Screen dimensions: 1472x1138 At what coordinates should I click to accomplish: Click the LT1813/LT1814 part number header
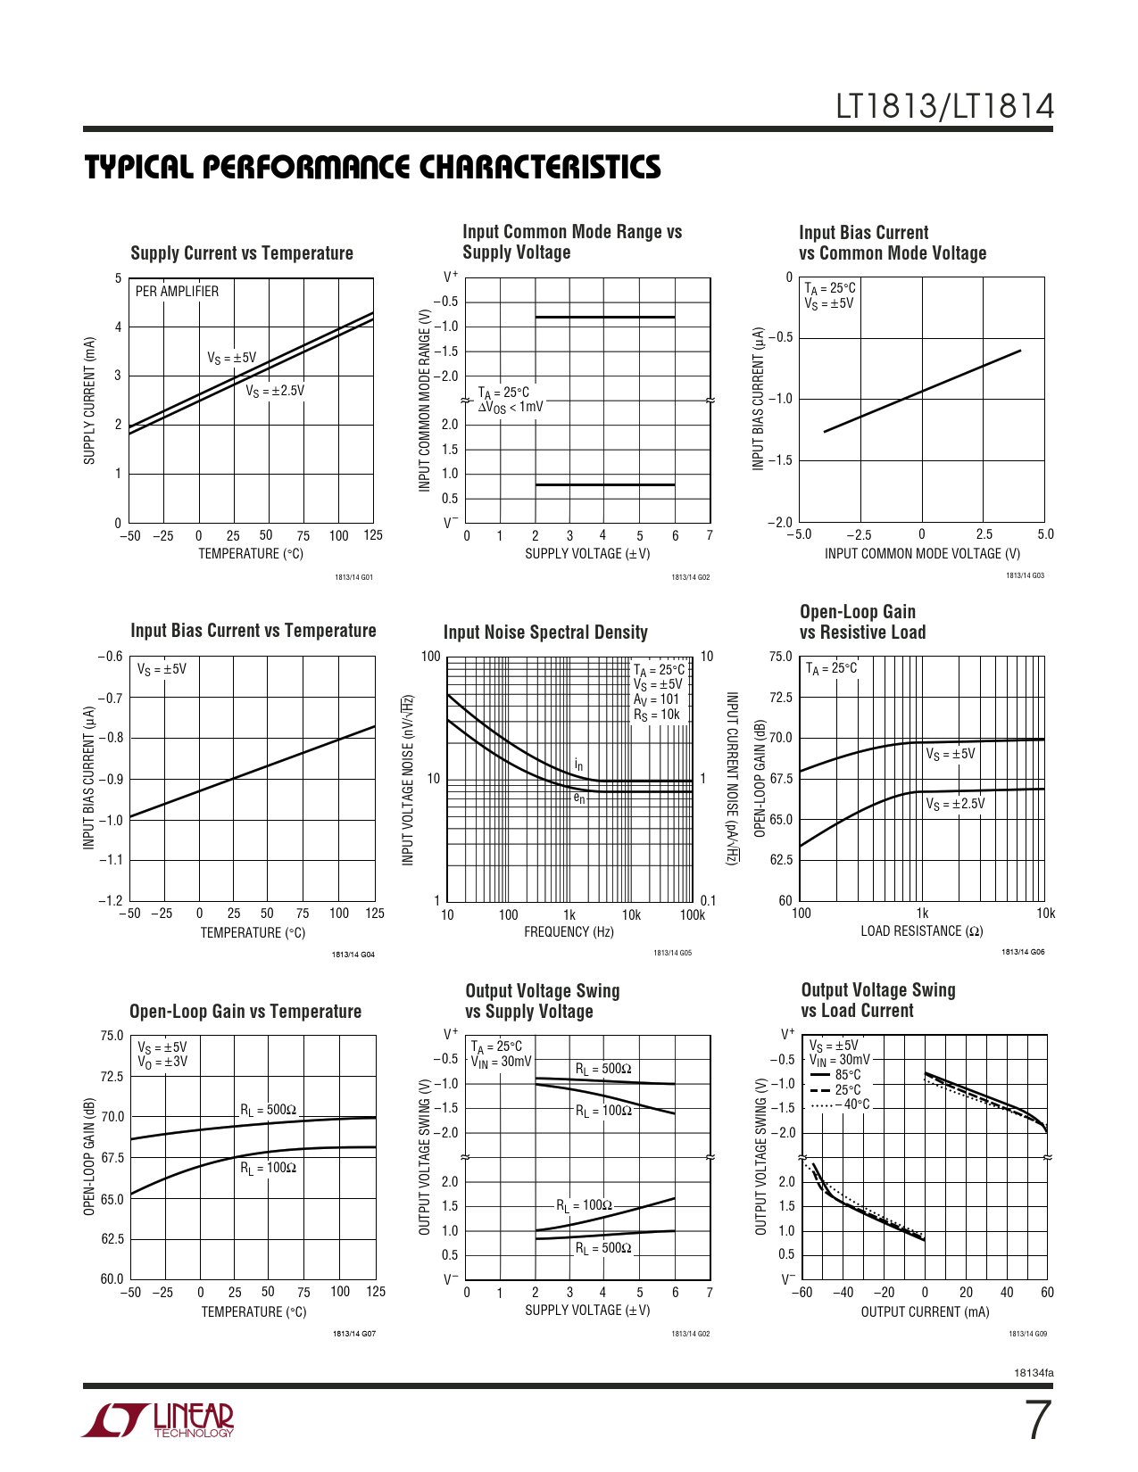[944, 107]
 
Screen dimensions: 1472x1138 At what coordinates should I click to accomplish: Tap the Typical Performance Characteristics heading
[373, 168]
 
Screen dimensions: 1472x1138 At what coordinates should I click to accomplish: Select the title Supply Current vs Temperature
[242, 253]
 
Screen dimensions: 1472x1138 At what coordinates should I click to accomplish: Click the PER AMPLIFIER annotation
[177, 292]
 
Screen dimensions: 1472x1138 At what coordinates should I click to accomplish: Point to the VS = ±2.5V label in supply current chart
[275, 391]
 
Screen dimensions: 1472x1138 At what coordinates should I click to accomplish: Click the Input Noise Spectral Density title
[545, 633]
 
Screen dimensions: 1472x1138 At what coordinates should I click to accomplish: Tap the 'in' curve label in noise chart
[579, 765]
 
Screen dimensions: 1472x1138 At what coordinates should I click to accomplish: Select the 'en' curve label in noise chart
[579, 798]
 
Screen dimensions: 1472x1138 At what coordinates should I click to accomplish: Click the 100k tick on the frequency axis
[692, 914]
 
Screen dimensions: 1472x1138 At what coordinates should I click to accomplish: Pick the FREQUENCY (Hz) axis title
[569, 932]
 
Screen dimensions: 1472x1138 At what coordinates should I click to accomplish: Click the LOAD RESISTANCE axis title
[922, 931]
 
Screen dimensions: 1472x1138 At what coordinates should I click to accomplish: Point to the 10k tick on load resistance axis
[1045, 914]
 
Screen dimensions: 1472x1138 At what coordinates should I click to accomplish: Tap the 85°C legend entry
[847, 1075]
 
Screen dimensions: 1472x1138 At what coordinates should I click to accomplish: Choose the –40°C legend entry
[851, 1104]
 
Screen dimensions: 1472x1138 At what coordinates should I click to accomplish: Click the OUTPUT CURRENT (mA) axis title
[925, 1311]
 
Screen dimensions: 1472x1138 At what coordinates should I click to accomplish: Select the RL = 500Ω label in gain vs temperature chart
[268, 1110]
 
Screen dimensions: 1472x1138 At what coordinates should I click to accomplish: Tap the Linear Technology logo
[159, 1420]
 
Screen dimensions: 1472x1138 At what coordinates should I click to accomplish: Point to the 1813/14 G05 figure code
[672, 953]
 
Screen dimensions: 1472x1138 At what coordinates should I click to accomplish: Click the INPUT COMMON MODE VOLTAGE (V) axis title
[922, 554]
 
